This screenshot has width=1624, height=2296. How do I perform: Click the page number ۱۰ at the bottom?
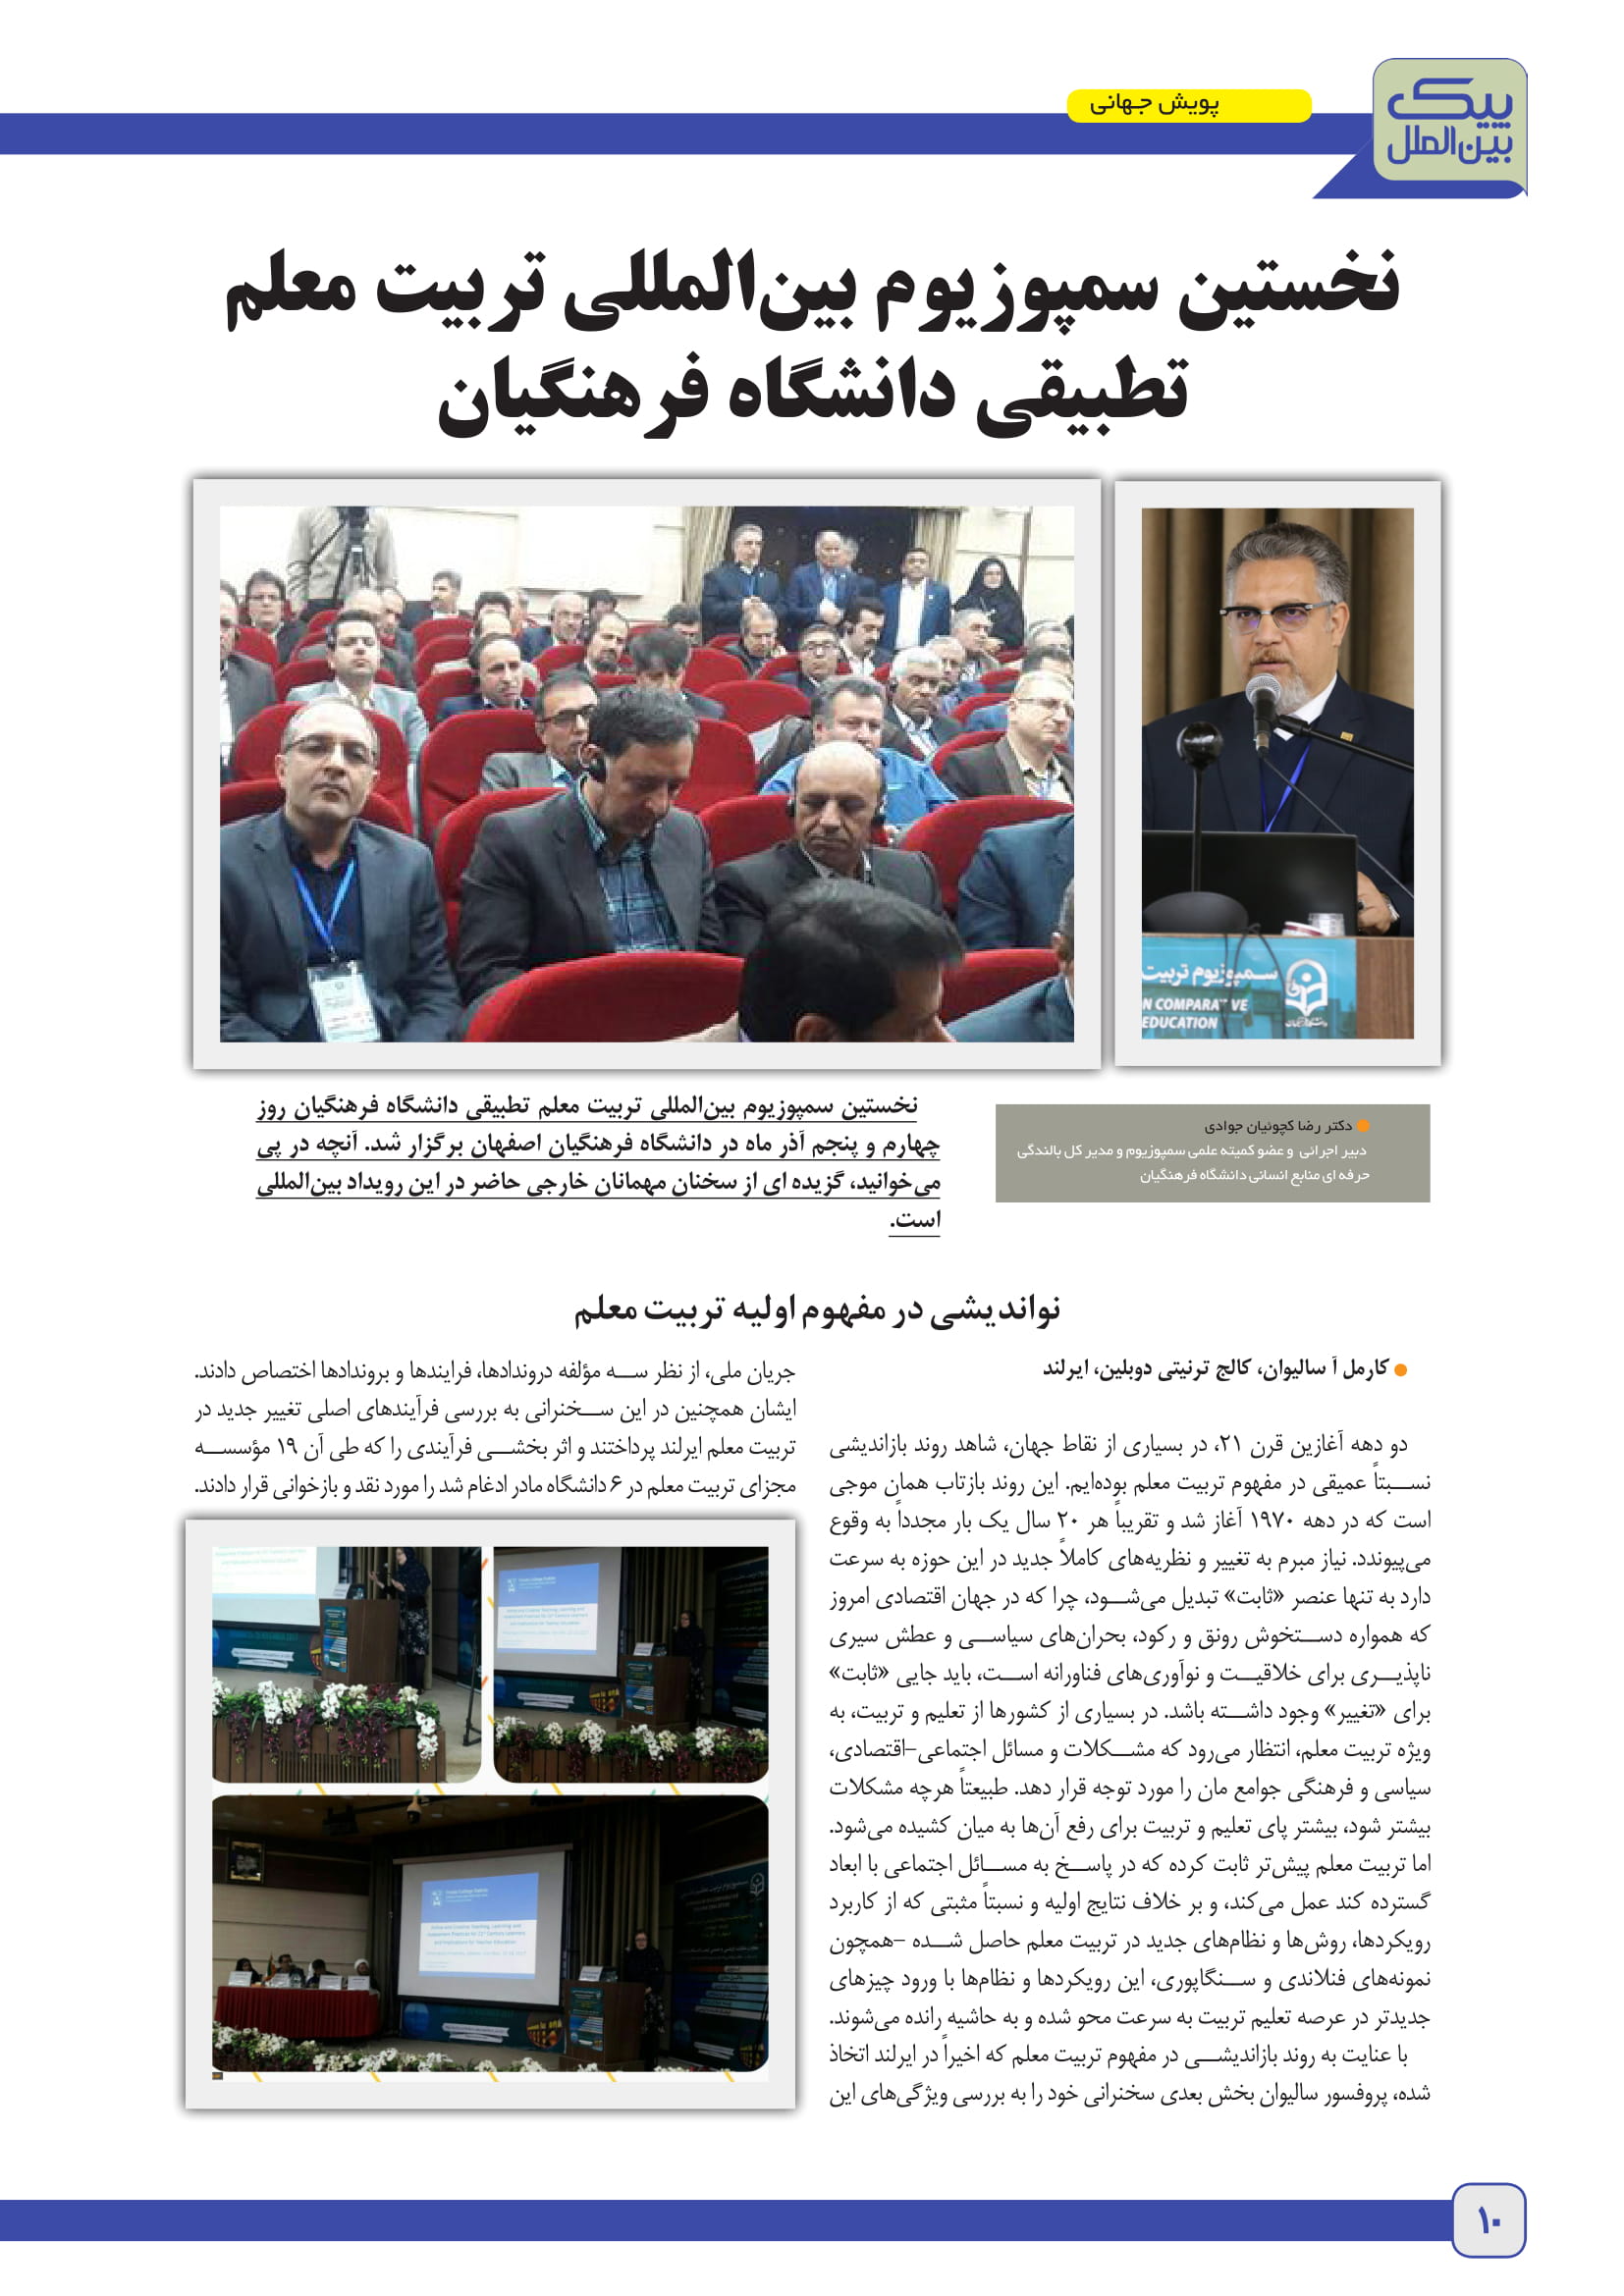pos(1488,2221)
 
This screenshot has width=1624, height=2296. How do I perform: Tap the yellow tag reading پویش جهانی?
pos(1188,105)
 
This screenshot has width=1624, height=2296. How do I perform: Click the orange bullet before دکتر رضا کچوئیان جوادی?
pos(1362,1126)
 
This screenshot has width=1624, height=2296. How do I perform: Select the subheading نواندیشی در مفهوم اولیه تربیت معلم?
pos(816,1309)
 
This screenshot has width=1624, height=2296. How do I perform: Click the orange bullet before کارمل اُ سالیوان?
pos(1400,1370)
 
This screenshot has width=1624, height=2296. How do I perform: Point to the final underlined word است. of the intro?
pos(914,1220)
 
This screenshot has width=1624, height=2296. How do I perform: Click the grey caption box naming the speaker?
pos(1212,1152)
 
